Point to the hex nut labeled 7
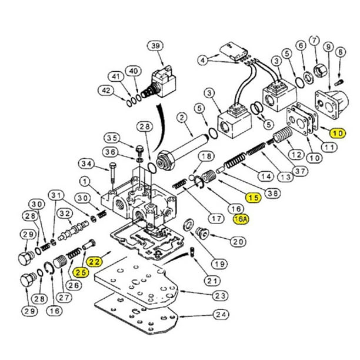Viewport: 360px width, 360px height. tap(320, 72)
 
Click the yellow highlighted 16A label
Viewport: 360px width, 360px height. tap(241, 219)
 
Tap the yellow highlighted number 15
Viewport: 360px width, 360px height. tap(254, 198)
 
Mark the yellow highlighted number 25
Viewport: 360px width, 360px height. tap(81, 271)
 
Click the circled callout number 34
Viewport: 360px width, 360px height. tap(86, 163)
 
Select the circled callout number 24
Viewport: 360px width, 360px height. tap(221, 315)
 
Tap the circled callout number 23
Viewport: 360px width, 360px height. tap(220, 295)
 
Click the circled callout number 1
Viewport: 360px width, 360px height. tap(85, 182)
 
